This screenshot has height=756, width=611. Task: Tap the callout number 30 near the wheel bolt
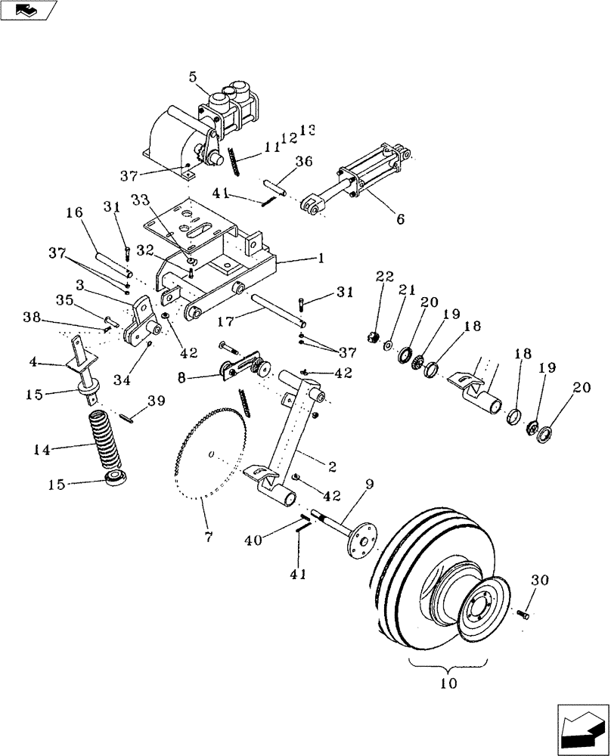[x=540, y=581]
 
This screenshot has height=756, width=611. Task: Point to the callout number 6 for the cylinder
[x=400, y=220]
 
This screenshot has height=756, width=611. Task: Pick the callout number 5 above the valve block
[x=193, y=76]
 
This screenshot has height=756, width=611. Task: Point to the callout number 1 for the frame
[x=321, y=258]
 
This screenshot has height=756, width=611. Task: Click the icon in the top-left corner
[x=28, y=11]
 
